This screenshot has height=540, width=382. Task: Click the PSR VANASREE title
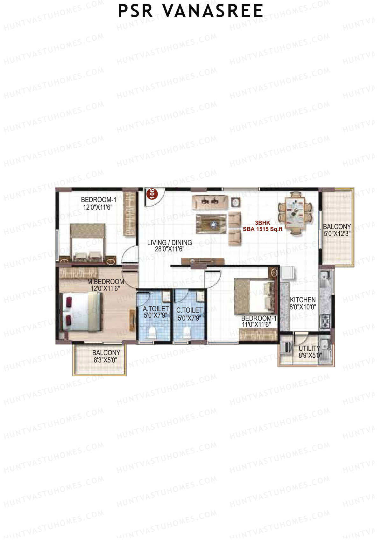pyautogui.click(x=190, y=11)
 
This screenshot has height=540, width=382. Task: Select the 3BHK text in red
pyautogui.click(x=263, y=223)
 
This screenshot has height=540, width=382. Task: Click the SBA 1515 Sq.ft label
pyautogui.click(x=263, y=229)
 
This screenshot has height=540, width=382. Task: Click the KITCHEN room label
pyautogui.click(x=302, y=300)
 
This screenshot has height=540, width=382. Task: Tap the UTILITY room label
pyautogui.click(x=309, y=348)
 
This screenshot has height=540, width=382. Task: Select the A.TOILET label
pyautogui.click(x=156, y=309)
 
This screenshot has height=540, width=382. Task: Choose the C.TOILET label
pyautogui.click(x=189, y=310)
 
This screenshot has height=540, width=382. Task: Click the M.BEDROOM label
pyautogui.click(x=106, y=282)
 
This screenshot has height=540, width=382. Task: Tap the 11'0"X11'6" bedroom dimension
pyautogui.click(x=256, y=325)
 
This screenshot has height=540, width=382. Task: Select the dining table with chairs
pyautogui.click(x=295, y=213)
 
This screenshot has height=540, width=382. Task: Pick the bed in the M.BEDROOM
pyautogui.click(x=82, y=313)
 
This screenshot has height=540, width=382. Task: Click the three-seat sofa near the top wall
pyautogui.click(x=210, y=201)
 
